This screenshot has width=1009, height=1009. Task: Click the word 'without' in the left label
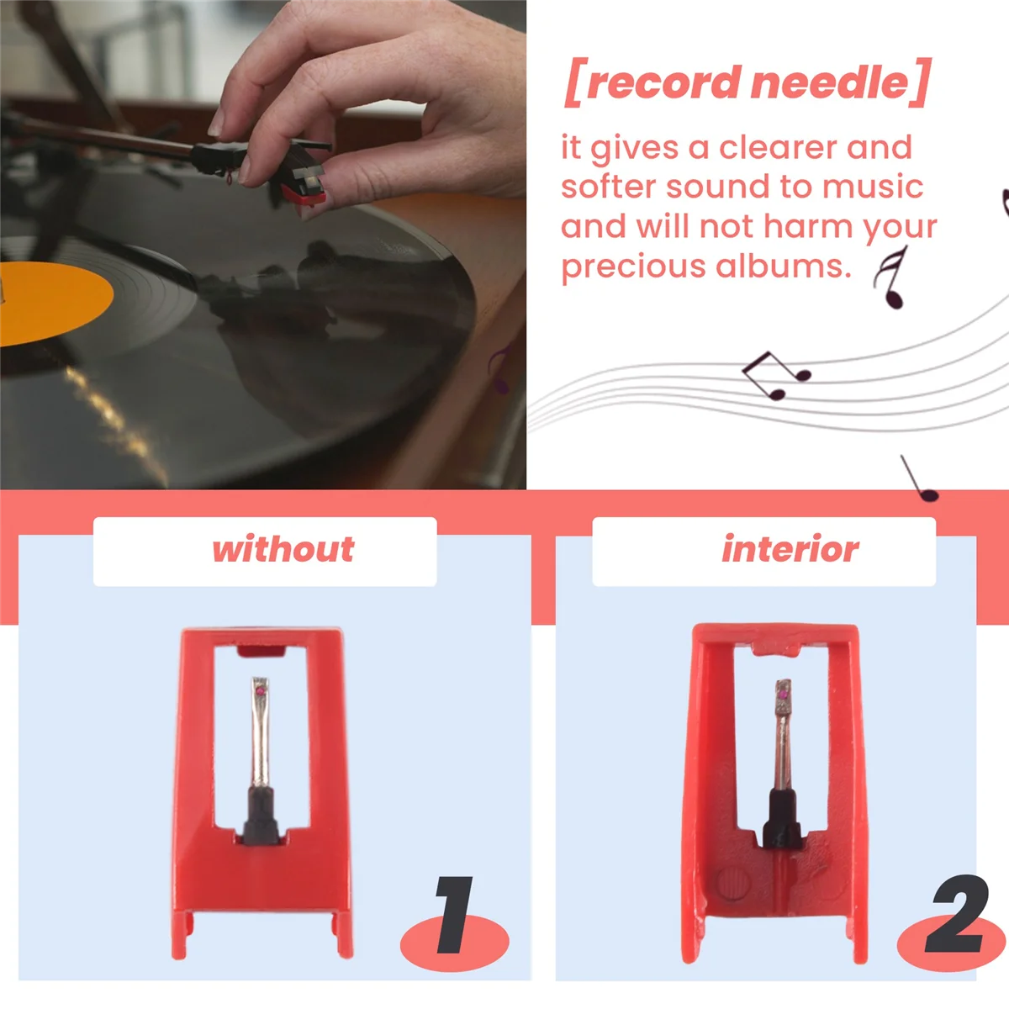(x=283, y=550)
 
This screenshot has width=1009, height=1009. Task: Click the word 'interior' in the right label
(x=790, y=550)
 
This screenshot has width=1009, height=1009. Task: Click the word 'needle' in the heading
(x=830, y=82)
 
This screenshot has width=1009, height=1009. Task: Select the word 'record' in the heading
(x=663, y=82)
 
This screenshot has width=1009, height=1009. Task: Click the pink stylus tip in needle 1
(x=261, y=689)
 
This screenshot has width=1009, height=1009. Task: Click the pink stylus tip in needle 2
(x=784, y=695)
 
